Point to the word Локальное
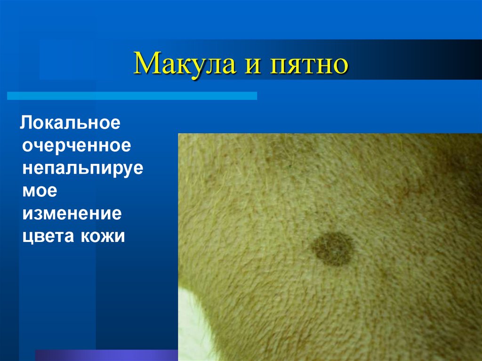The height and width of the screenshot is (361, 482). (x=71, y=123)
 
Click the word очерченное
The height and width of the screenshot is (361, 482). (x=76, y=145)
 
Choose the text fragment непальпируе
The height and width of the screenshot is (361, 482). (x=82, y=168)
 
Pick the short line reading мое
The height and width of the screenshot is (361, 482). (x=39, y=191)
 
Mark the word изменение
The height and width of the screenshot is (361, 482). (x=72, y=213)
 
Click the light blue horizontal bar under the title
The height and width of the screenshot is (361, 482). (x=132, y=96)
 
